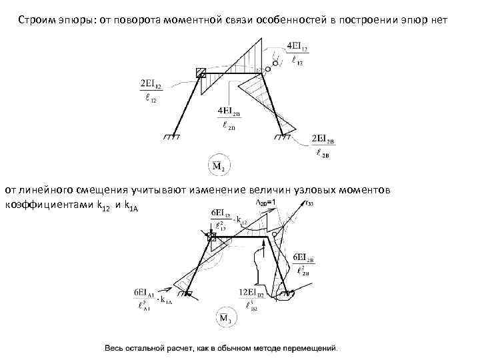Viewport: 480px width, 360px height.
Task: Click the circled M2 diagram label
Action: coord(217,164)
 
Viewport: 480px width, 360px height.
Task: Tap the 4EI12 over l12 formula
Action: coord(297,54)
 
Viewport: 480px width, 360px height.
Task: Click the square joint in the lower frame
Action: coord(213,236)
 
